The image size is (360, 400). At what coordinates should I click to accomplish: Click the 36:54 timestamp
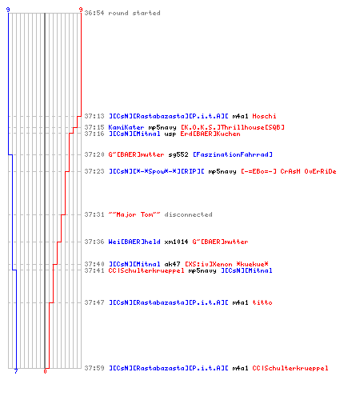(x=94, y=13)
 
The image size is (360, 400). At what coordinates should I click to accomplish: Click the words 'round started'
(x=134, y=13)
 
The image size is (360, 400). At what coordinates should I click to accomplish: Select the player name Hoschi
(x=264, y=116)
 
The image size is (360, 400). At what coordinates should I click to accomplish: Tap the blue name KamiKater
(x=126, y=127)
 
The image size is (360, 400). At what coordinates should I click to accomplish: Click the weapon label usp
(x=170, y=134)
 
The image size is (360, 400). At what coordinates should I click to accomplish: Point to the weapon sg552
(x=178, y=154)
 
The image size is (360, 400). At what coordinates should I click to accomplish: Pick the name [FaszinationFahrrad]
(x=233, y=154)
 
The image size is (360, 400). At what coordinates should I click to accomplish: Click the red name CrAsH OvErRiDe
(x=308, y=171)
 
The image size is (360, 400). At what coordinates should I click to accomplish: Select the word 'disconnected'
(x=188, y=214)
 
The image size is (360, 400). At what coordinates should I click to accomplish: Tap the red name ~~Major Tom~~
(x=134, y=214)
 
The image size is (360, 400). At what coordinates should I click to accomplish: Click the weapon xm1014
(x=176, y=242)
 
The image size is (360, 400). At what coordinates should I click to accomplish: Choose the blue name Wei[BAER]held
(x=134, y=242)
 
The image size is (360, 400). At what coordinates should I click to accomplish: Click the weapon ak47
(x=172, y=264)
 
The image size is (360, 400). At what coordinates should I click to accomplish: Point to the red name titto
(x=262, y=302)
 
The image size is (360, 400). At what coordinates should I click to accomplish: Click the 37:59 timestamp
(x=94, y=368)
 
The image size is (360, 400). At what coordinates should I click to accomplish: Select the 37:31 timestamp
(x=94, y=214)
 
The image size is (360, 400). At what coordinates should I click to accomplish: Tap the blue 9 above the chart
(x=8, y=10)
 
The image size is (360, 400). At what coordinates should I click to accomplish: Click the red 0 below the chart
(x=45, y=371)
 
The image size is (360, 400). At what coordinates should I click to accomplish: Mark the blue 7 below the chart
(x=16, y=371)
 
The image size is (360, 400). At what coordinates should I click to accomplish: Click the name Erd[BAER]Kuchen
(x=210, y=134)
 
